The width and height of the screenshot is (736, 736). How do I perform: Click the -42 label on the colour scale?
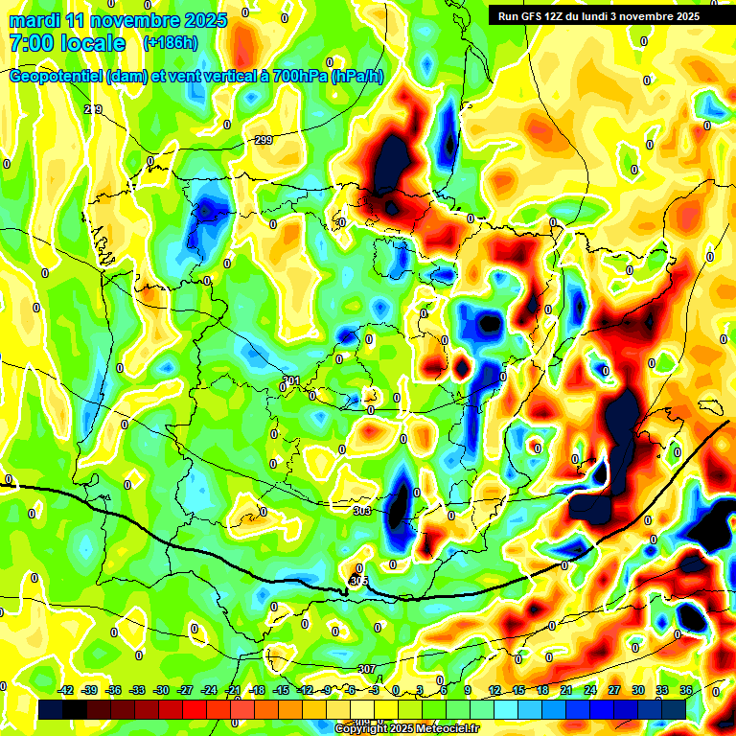(x=66, y=690)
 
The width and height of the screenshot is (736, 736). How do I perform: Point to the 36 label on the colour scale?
(x=686, y=690)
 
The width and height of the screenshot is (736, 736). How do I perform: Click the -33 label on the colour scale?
(x=137, y=690)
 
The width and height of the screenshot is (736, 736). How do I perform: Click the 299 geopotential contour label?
(x=264, y=141)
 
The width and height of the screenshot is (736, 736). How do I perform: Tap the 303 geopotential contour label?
(x=361, y=512)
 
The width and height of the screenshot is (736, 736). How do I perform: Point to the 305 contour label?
(x=358, y=581)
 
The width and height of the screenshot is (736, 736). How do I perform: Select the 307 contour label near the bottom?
(x=366, y=669)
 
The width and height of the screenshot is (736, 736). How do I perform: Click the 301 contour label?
(x=291, y=380)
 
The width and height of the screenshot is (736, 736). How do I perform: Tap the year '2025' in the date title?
(x=205, y=20)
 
